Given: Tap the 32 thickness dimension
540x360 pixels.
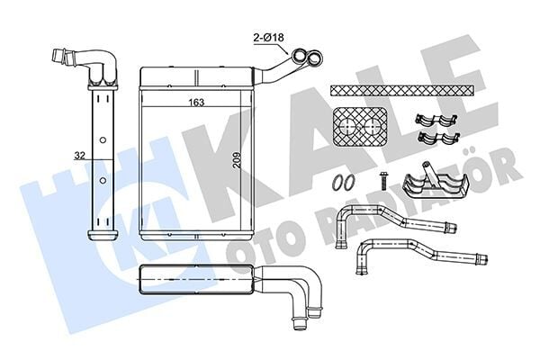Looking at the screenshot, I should [x=79, y=155].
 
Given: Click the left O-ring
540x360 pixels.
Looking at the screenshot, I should [x=336, y=182].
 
